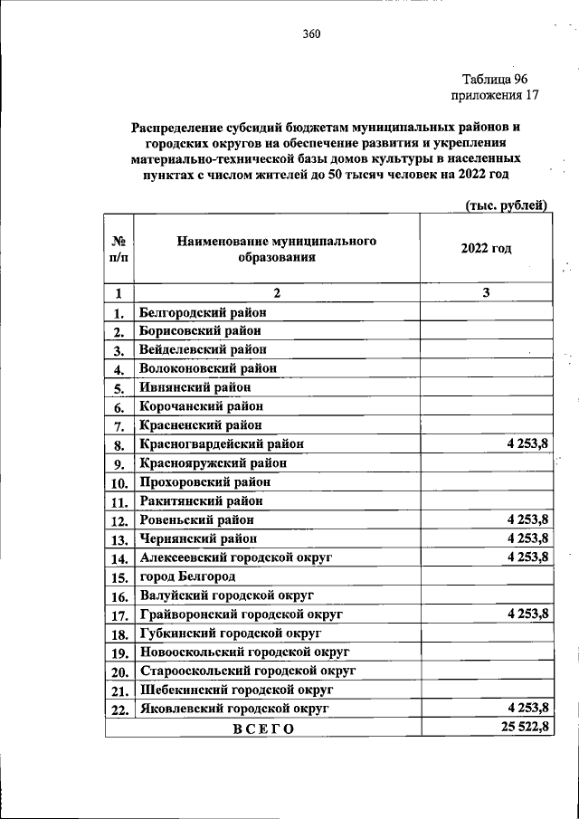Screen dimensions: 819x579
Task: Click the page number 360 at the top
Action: (311, 35)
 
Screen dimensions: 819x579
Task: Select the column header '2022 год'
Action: (486, 249)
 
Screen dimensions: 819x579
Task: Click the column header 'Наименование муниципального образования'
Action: (276, 249)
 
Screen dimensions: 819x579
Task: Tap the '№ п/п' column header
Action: (119, 249)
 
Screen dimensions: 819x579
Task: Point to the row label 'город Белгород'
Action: (188, 576)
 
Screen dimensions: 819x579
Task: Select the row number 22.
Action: (119, 709)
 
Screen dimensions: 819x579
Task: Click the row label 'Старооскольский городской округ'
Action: (248, 671)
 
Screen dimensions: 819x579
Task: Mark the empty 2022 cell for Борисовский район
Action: (486, 331)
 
